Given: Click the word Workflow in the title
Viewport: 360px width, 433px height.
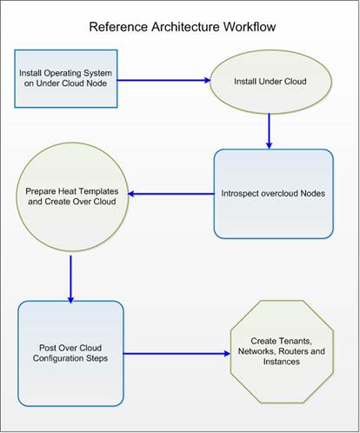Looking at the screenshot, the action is pos(250,27).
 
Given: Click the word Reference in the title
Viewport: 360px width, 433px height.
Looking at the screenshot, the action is pos(118,27).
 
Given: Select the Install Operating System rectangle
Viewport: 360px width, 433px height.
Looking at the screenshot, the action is pos(66,78).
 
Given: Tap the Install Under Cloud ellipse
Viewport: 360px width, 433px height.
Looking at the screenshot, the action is pos(270,82).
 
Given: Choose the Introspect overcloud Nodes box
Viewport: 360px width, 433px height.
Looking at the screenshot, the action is pos(274,194).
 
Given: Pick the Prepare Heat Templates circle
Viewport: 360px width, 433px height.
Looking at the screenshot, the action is pos(72,197).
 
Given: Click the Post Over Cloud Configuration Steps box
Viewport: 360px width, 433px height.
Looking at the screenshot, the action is pos(70,353).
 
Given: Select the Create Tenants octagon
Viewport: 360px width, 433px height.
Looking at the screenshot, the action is pos(282,351).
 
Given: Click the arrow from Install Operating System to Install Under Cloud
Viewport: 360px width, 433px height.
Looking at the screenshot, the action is pos(163,80).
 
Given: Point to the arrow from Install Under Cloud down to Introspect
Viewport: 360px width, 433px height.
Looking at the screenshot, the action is pos(270,131).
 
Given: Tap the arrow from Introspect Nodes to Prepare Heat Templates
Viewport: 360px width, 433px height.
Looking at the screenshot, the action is pos(171,194).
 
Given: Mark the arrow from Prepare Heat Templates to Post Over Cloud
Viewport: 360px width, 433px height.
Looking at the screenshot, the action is pos(70,279).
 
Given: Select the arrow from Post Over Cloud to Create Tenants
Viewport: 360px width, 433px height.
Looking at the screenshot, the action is pos(177,353).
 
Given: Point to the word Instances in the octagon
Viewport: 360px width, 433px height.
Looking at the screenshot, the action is pos(282,362).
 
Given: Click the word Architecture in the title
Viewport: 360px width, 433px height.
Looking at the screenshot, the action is pos(185,27).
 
